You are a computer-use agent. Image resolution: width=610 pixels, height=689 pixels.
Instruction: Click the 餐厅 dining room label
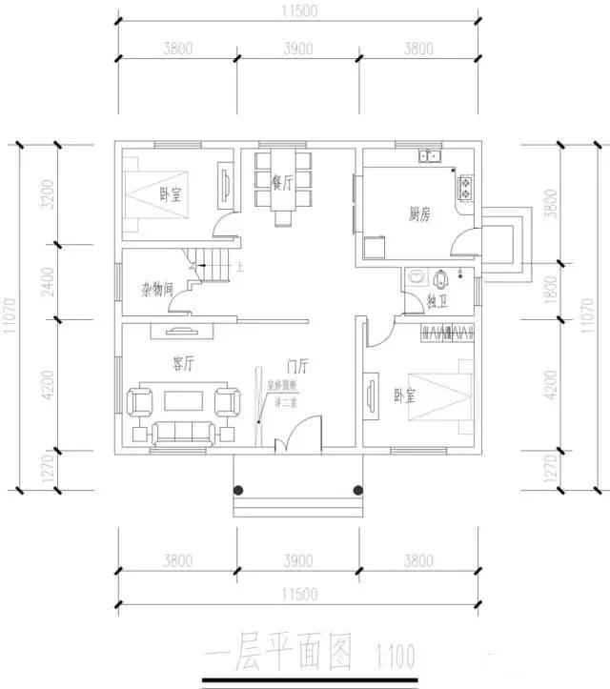pos(281,183)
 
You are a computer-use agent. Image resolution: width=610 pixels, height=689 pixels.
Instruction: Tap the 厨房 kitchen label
pos(419,215)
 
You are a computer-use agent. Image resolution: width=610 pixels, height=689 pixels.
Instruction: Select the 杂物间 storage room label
pos(157,289)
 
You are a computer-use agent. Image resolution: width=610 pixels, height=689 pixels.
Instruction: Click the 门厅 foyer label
pos(296,364)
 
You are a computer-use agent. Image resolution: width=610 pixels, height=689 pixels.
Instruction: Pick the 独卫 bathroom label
pos(437,302)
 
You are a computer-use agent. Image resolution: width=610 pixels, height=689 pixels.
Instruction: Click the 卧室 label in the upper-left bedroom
pos(173,194)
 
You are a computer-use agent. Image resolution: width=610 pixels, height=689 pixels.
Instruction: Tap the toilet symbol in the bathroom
pos(441,279)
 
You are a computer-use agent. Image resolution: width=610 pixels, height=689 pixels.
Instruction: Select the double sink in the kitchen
pos(427,156)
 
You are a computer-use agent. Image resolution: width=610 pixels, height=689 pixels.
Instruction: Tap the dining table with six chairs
pos(282,183)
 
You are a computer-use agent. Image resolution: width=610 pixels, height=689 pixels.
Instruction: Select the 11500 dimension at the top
pos(299,10)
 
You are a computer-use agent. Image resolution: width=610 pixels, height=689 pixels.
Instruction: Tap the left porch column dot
pos(240,491)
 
